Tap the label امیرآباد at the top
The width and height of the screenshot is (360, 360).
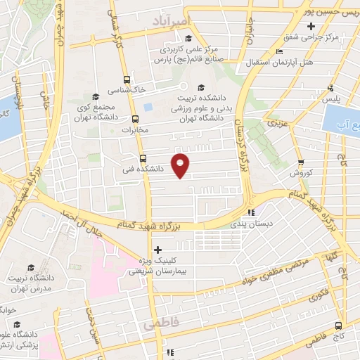(x=167, y=23)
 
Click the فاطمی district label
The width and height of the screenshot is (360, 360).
(x=161, y=326)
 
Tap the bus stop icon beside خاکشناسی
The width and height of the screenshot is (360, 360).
(x=127, y=79)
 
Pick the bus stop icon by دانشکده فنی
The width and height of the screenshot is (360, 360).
(x=143, y=158)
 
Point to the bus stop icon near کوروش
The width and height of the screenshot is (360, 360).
(x=300, y=161)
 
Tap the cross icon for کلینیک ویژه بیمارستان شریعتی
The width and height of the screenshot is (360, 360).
(x=157, y=250)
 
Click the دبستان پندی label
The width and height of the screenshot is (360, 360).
(x=254, y=224)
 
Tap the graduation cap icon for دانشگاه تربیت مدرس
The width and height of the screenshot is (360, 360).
(x=30, y=268)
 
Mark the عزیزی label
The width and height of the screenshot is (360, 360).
(x=272, y=122)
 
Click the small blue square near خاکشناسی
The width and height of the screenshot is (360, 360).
(x=147, y=107)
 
